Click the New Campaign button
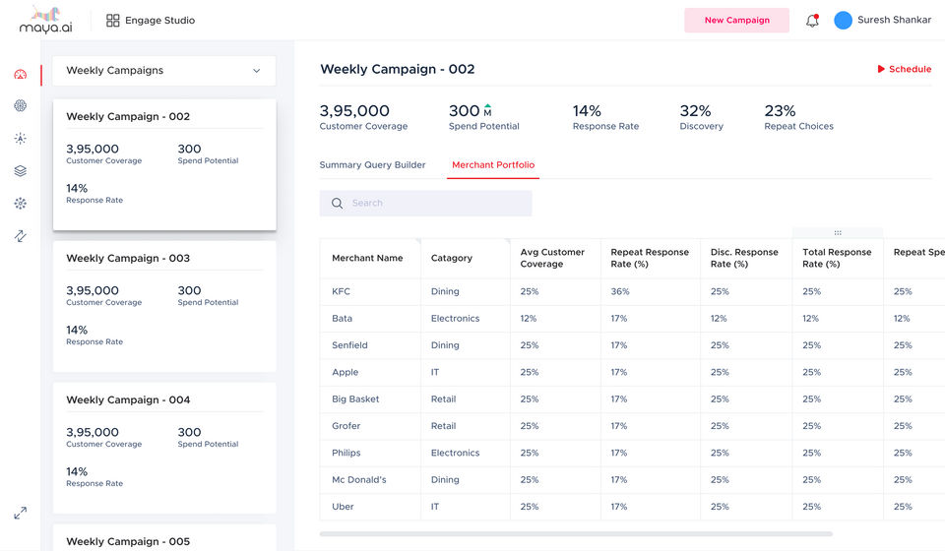736,20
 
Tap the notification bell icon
812,21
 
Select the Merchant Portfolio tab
493,164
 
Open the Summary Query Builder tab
372,164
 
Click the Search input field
425,203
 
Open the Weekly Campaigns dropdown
164,71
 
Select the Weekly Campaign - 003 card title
128,258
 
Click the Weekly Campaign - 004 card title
128,399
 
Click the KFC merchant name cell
342,291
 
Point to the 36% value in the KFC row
620,291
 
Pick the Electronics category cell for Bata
455,318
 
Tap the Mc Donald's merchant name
359,479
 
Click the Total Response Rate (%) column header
837,258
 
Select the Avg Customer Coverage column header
552,258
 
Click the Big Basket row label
355,398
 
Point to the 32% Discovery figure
696,111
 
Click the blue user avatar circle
843,20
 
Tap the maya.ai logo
46,20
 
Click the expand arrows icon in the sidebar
21,513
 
